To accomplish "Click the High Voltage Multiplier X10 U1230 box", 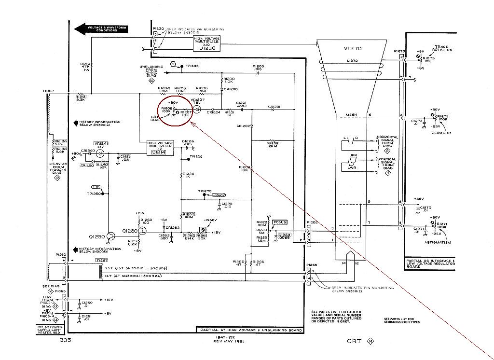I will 207,44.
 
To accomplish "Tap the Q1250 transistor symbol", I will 111,236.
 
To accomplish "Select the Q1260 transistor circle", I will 142,231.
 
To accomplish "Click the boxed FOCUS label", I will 279,222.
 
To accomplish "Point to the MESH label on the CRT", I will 350,115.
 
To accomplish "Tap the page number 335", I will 67,340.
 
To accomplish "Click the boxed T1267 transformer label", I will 101,260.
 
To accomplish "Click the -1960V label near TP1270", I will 220,195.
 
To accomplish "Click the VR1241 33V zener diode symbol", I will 100,153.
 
